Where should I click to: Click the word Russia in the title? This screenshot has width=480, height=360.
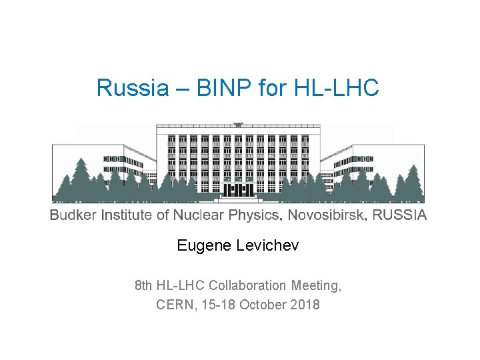tap(124, 88)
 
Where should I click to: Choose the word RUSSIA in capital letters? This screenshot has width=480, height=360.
tap(399, 215)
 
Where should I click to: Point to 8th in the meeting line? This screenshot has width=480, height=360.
tap(143, 285)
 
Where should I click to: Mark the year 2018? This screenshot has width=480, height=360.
tap(305, 305)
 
